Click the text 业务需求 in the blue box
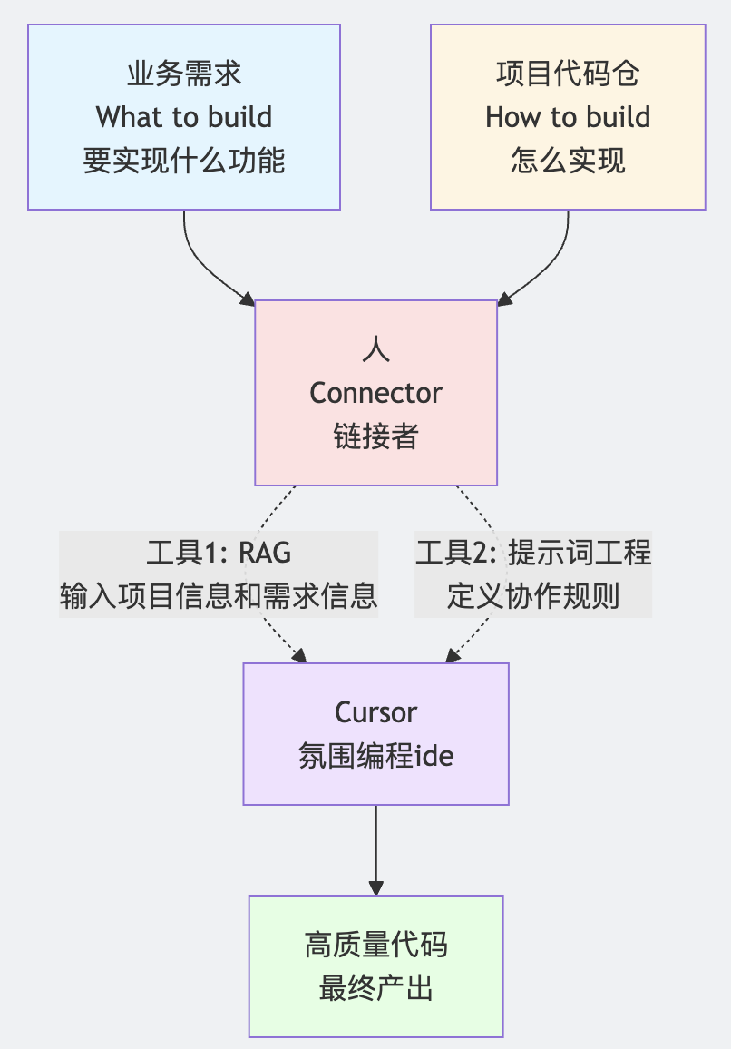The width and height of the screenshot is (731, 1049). pos(184,74)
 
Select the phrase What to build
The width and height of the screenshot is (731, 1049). pos(184,117)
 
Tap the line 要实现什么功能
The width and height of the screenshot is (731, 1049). pos(184,161)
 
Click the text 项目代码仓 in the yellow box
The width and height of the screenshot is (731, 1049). pos(568,74)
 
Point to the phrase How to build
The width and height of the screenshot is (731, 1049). pos(568,117)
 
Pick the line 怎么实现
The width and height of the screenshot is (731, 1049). pos(568,161)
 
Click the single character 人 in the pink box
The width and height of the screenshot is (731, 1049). pos(375,349)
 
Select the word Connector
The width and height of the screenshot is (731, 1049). pos(375,393)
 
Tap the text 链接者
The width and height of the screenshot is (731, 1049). pos(375,436)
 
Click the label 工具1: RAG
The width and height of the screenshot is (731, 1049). pos(219,553)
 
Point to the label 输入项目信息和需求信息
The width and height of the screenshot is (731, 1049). pos(219,596)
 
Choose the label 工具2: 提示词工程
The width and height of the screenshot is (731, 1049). pos(533,553)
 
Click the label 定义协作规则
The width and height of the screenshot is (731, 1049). pos(533,596)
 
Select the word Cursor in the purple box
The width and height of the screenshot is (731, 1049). pos(375,712)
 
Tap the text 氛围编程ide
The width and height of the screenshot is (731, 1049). pos(375,756)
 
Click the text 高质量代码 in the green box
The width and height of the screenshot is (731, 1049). pos(375,945)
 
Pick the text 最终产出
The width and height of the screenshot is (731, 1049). pos(375,988)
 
